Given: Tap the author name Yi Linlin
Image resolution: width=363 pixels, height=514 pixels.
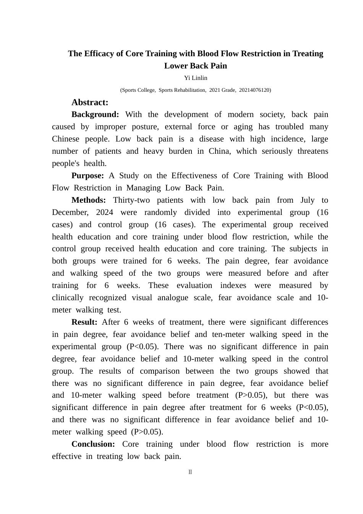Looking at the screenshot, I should [196, 78].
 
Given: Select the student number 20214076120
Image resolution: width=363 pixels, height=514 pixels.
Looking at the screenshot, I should [254, 90].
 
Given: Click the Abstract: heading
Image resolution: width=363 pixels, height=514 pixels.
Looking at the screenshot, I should [90, 102].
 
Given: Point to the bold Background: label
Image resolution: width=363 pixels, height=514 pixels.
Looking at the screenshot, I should [95, 115].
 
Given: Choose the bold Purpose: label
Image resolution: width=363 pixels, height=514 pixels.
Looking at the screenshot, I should [88, 176].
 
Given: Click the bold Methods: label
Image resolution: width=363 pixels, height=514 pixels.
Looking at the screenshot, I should [89, 200].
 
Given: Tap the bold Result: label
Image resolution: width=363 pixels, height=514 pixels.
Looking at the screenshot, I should [84, 322].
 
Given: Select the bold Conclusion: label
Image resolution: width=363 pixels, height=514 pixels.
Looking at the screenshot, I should [93, 444].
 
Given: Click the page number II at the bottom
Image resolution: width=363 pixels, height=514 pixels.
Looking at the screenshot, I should [190, 472].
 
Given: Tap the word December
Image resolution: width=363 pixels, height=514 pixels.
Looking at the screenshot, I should [70, 213].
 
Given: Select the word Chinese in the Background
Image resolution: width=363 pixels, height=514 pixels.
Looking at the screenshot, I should [66, 139].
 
